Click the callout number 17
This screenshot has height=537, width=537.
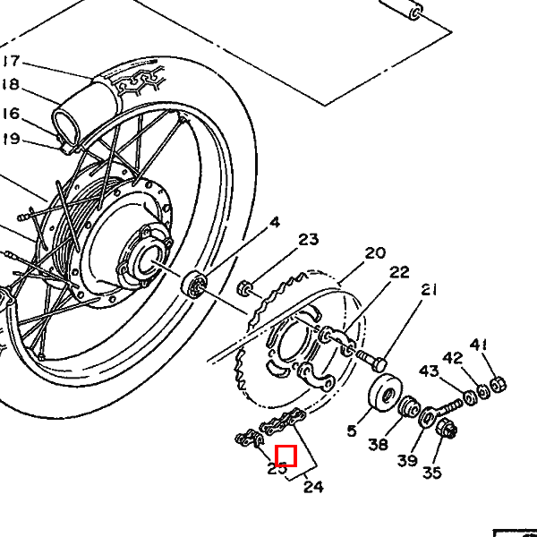pyautogui.click(x=12, y=61)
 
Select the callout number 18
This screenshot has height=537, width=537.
pyautogui.click(x=11, y=84)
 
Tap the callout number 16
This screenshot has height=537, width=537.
pyautogui.click(x=11, y=114)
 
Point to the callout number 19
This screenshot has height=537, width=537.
pyautogui.click(x=11, y=139)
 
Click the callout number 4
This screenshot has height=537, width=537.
pyautogui.click(x=275, y=223)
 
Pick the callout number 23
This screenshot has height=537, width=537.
pyautogui.click(x=309, y=239)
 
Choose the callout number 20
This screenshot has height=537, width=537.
pyautogui.click(x=375, y=253)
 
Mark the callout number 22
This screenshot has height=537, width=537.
pyautogui.click(x=399, y=272)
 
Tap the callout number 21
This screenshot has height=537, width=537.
pyautogui.click(x=429, y=290)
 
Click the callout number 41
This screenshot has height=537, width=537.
pyautogui.click(x=479, y=345)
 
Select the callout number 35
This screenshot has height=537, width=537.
pyautogui.click(x=432, y=473)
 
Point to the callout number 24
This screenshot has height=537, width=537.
pyautogui.click(x=314, y=487)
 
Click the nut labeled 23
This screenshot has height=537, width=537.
pyautogui.click(x=244, y=287)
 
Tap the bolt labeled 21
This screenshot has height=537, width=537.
pyautogui.click(x=371, y=360)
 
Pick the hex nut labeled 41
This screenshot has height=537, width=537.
pyautogui.click(x=499, y=385)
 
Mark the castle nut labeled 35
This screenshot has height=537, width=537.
pyautogui.click(x=446, y=428)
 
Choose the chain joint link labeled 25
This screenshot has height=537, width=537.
pyautogui.click(x=250, y=439)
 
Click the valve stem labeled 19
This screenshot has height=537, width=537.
pyautogui.click(x=69, y=147)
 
